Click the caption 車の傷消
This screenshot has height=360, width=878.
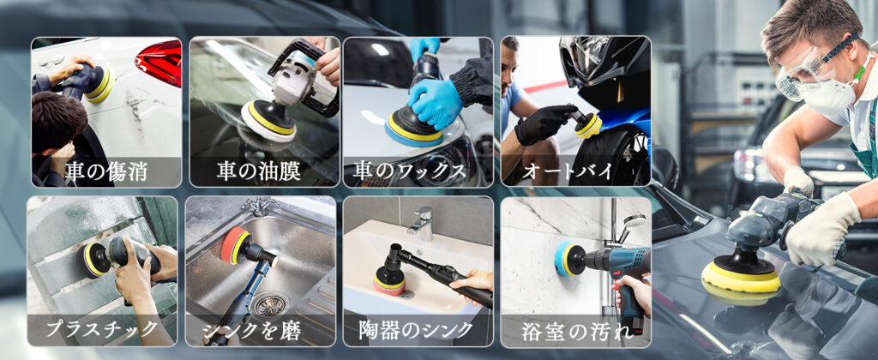pos(105,172)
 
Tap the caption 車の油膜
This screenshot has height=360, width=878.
pos(259,172)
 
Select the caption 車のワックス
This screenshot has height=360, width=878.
pos(409,172)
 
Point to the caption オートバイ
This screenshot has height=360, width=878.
pos(568,172)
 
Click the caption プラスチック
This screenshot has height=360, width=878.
pos(101,328)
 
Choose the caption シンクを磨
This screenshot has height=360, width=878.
pos(252,330)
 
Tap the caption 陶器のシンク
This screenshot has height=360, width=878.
pos(416,330)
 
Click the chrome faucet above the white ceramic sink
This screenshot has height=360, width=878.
pos(422,222)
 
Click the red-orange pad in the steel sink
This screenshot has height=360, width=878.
pos(231,245)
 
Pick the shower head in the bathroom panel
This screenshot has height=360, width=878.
pos(633,222)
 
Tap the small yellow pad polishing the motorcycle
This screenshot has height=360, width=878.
pos(588,127)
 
